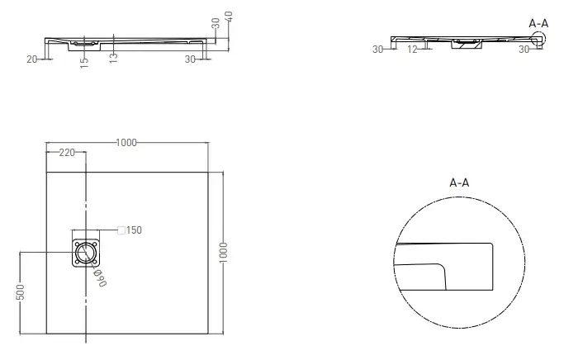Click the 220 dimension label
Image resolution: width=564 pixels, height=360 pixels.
pyautogui.click(x=67, y=153)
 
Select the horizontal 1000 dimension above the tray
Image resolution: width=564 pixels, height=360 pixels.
pyautogui.click(x=126, y=143)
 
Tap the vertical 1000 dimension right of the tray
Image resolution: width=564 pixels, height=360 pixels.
pyautogui.click(x=223, y=253)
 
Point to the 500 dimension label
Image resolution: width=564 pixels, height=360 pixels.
pyautogui.click(x=20, y=291)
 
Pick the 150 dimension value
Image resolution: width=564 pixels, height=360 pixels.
pyautogui.click(x=134, y=230)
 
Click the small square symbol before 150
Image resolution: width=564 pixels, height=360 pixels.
pyautogui.click(x=121, y=230)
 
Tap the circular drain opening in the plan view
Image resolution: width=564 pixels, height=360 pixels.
pyautogui.click(x=86, y=253)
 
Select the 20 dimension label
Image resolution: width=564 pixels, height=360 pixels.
pyautogui.click(x=31, y=59)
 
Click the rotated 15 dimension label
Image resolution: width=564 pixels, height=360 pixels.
pyautogui.click(x=83, y=63)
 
